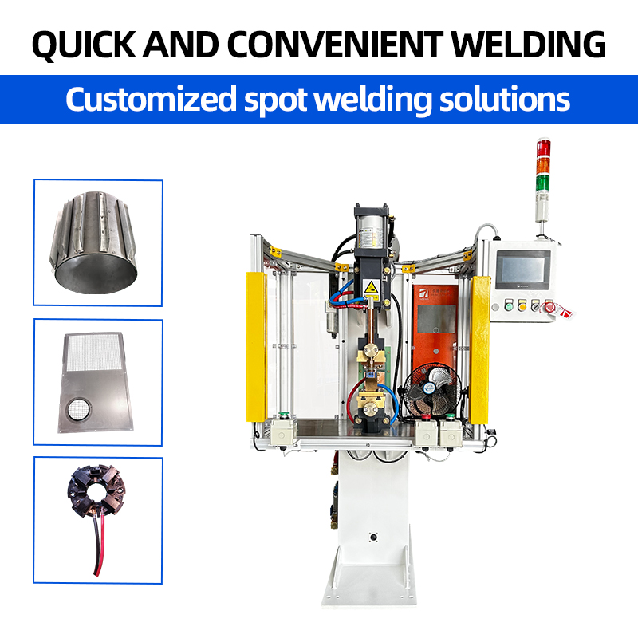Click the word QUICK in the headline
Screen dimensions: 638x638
point(84,45)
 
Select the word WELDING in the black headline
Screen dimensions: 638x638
point(529,44)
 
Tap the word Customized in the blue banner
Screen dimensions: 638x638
point(151,99)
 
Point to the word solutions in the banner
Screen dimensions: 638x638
point(505,99)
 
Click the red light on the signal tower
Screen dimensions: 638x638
point(543,148)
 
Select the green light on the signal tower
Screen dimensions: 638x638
point(542,183)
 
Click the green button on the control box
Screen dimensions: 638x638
point(509,305)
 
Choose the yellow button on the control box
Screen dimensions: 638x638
point(522,305)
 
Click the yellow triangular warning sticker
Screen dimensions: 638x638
point(370,288)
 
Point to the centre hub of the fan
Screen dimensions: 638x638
point(429,388)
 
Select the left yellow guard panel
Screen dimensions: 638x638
point(256,347)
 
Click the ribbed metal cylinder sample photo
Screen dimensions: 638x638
point(93,242)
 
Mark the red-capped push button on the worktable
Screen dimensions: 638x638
point(426,417)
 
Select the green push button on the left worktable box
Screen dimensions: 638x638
point(284,415)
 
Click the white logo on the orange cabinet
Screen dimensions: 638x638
point(424,293)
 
